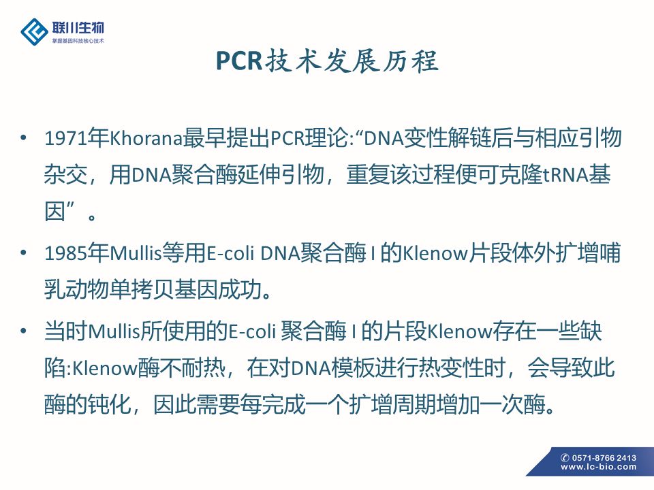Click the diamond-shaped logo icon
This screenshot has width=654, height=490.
pos(34,31)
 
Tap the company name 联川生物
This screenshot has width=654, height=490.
pos(78,28)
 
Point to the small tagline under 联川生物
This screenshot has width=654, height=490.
pos(78,41)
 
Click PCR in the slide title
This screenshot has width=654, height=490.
pos(239,61)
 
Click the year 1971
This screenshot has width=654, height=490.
pos(65,138)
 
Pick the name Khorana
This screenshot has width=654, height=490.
pos(146,138)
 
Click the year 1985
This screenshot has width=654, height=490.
pos(65,253)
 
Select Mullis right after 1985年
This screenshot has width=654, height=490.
pos(136,253)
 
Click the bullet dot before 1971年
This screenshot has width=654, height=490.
pos(24,137)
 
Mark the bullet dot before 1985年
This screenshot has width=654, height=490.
pos(24,252)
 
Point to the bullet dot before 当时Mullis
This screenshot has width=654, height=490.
pos(24,331)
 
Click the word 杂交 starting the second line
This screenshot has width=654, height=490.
pos(65,175)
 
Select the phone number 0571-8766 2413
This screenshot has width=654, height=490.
pos(604,458)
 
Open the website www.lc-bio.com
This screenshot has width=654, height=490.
pos(599,468)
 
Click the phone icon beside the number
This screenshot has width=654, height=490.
pos(565,458)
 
